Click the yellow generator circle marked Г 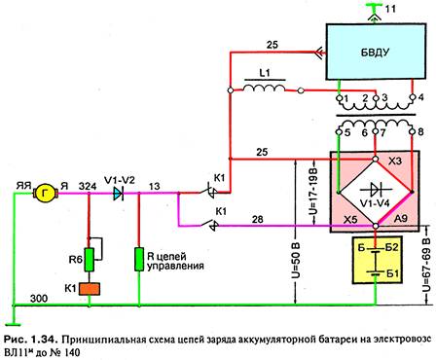[45, 194]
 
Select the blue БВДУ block [376, 52]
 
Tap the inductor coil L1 [265, 89]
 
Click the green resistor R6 [90, 260]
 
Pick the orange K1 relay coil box [90, 289]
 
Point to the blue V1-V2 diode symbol [119, 194]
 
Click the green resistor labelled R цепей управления [139, 259]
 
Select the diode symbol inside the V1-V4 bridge [377, 189]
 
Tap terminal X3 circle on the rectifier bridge [376, 159]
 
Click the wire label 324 [88, 187]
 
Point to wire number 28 [258, 220]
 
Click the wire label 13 [155, 187]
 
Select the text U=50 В [296, 260]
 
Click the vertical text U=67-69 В [426, 265]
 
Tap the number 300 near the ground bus [39, 299]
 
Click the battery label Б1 [393, 273]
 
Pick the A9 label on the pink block [400, 218]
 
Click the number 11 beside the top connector [390, 9]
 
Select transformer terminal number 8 [420, 132]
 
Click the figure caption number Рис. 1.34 [31, 340]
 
